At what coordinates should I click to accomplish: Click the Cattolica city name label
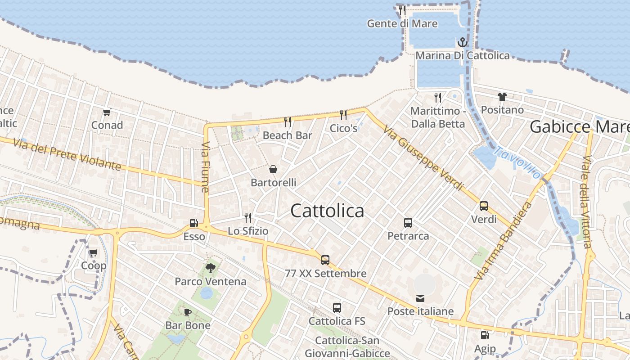(327, 211)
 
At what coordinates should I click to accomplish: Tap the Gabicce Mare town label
(579, 127)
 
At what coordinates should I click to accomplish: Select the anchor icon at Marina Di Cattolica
(463, 43)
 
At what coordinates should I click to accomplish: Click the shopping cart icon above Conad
(107, 112)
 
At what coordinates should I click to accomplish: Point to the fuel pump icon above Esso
(194, 223)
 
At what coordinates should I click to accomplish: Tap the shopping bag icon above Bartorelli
(273, 169)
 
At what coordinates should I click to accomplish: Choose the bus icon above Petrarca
(408, 222)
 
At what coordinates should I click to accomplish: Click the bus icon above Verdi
(484, 206)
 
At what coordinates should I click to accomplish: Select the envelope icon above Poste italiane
(420, 298)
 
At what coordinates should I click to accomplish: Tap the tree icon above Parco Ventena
(210, 268)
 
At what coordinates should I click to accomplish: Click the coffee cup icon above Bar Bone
(188, 312)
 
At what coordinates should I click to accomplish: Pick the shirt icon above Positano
(502, 96)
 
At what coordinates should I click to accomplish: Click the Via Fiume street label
(206, 167)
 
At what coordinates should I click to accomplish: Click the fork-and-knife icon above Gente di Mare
(402, 10)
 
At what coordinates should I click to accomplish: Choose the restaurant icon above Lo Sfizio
(247, 218)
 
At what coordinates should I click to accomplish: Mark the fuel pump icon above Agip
(485, 335)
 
